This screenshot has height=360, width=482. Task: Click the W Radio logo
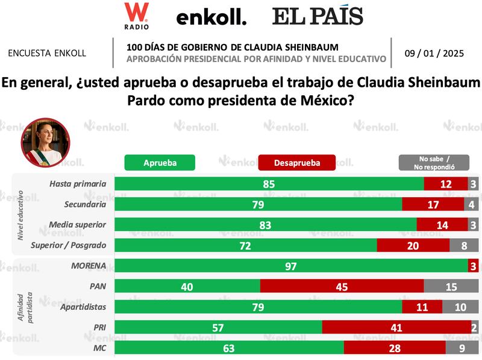click(136, 16)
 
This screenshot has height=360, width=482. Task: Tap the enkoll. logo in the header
click(211, 18)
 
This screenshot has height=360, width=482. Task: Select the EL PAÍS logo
click(318, 16)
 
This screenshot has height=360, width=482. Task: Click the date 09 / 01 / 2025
click(434, 53)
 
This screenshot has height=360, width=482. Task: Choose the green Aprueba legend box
click(160, 162)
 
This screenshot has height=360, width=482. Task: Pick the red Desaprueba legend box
click(296, 162)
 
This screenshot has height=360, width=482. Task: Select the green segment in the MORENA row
click(291, 266)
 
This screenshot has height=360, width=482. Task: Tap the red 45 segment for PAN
click(342, 286)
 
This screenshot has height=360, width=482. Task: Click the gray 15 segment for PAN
click(451, 286)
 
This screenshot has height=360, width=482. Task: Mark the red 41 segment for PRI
click(396, 327)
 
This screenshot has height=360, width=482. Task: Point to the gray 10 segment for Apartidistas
click(460, 307)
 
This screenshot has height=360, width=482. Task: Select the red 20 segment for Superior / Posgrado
click(413, 245)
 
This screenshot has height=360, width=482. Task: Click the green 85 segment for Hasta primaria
click(269, 184)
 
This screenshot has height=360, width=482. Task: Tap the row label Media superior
click(78, 224)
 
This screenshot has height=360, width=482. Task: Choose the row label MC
click(100, 348)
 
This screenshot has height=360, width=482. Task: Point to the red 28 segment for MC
click(395, 348)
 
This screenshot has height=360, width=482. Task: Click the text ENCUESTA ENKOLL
click(47, 53)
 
